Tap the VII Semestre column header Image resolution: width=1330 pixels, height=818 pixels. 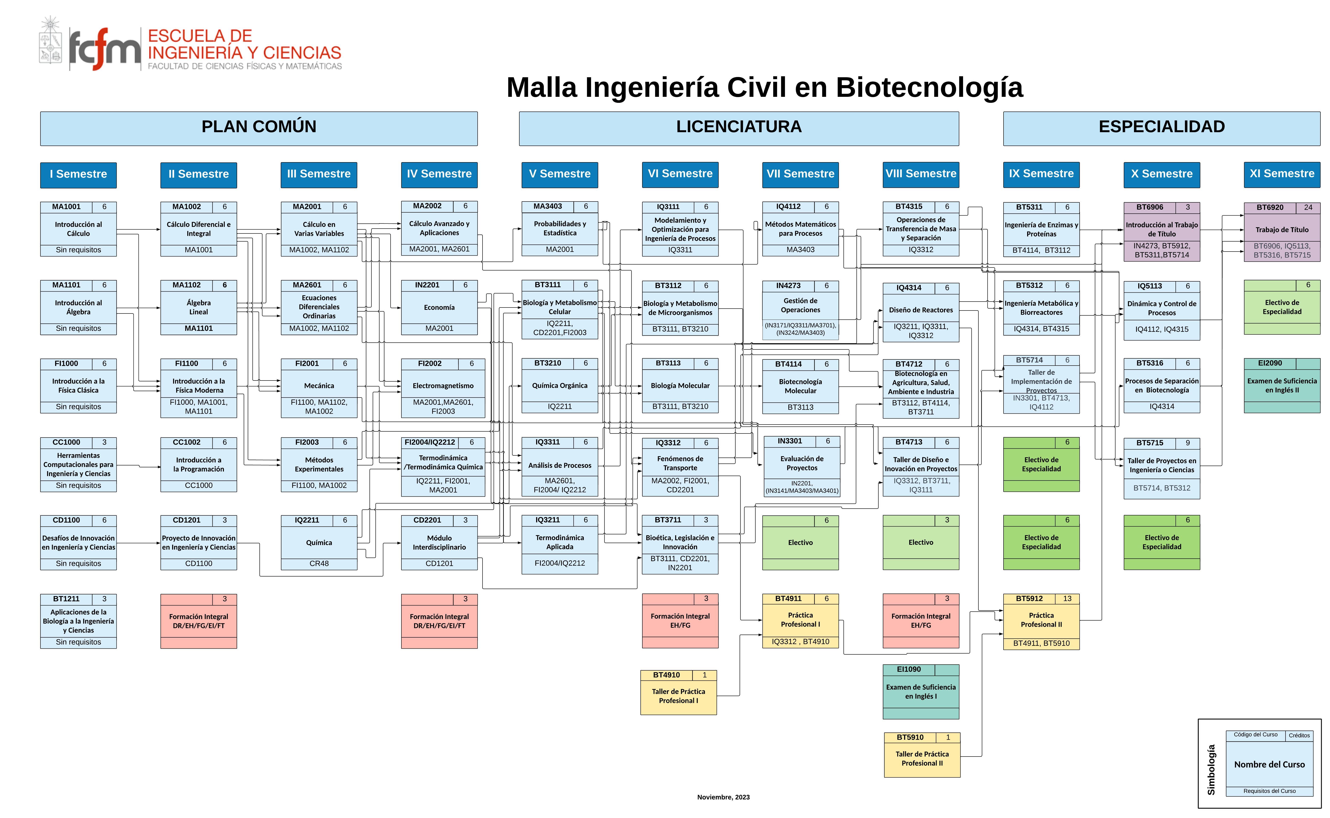pos(800,175)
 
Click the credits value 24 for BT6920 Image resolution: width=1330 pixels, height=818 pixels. pos(1308,207)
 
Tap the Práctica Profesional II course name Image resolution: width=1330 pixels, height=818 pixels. pos(1041,620)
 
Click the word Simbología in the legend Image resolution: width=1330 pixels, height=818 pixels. pos(1211,770)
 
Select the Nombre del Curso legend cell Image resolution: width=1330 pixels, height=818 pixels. pos(1269,764)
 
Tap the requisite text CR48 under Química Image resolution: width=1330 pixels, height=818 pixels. pos(319,564)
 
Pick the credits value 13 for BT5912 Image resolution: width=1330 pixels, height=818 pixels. pos(1067,599)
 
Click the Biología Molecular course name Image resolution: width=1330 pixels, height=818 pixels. pos(680,386)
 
